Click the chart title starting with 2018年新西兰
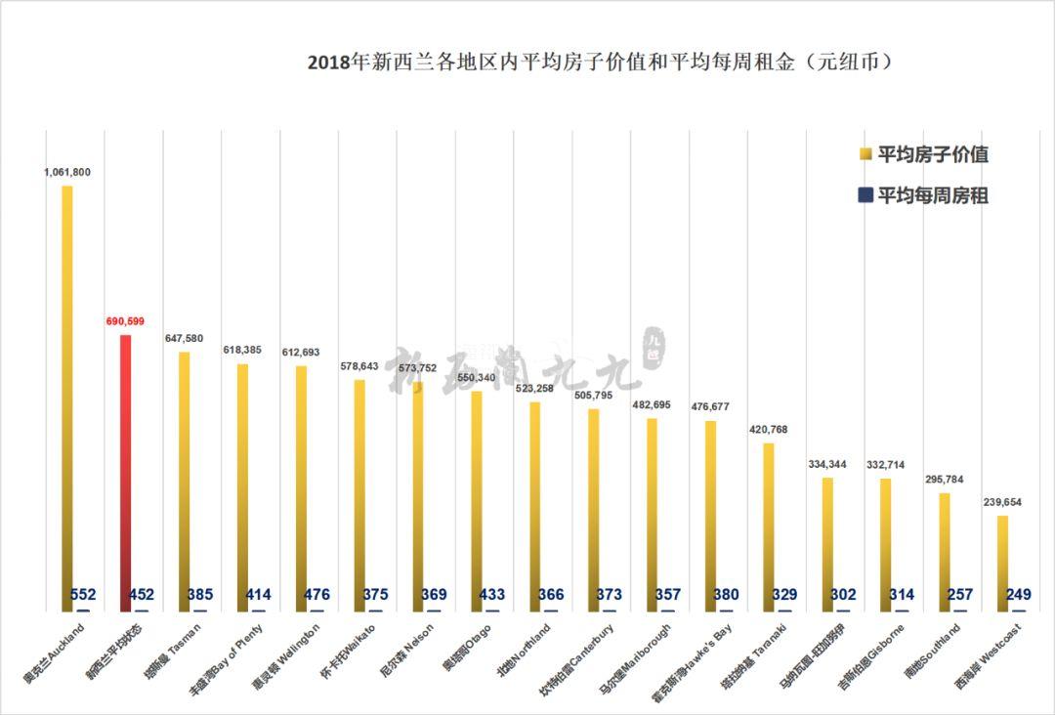[x=602, y=63]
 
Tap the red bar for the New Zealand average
[x=125, y=469]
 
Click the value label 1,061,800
[x=67, y=172]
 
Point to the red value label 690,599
[x=126, y=320]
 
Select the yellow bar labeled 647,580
[x=184, y=479]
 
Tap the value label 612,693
[x=301, y=352]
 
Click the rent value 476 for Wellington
[x=316, y=595]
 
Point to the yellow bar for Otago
[x=477, y=498]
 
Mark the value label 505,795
[x=593, y=395]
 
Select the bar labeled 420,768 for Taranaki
[x=769, y=527]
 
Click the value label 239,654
[x=1002, y=501]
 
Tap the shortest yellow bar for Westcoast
[x=1002, y=562]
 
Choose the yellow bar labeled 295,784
[x=945, y=552]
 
